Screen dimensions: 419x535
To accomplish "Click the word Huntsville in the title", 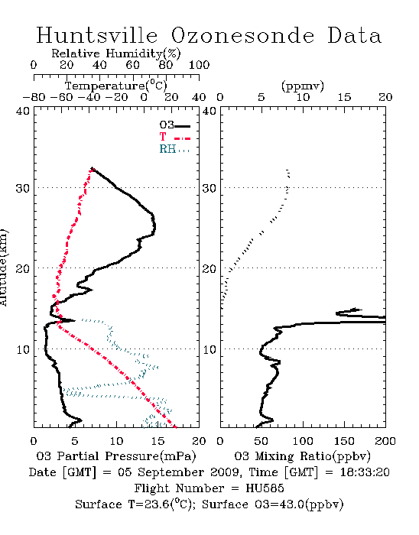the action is pyautogui.click(x=97, y=35).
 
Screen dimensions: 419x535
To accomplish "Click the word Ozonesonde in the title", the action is pyautogui.click(x=242, y=35).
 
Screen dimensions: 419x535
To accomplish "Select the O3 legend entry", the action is pyautogui.click(x=174, y=125).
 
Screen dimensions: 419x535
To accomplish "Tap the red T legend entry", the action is pyautogui.click(x=174, y=137).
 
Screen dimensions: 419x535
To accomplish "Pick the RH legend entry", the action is pyautogui.click(x=174, y=149).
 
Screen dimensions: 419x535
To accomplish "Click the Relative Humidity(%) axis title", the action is pyautogui.click(x=116, y=53).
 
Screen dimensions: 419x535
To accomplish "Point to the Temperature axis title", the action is pyautogui.click(x=116, y=86).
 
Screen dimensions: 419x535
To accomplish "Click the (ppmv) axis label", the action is pyautogui.click(x=303, y=86).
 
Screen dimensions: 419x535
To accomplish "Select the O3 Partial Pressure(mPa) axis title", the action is pyautogui.click(x=116, y=456).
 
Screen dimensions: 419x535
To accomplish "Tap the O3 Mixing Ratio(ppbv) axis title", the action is pyautogui.click(x=302, y=456).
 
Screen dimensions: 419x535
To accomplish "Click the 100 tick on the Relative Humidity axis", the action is pyautogui.click(x=199, y=65).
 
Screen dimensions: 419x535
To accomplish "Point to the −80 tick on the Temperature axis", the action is pyautogui.click(x=34, y=97).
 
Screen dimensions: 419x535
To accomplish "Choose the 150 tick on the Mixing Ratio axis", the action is pyautogui.click(x=344, y=441).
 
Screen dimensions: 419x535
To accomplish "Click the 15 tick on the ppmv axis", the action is pyautogui.click(x=344, y=97).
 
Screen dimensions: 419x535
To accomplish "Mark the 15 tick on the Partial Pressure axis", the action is pyautogui.click(x=158, y=441).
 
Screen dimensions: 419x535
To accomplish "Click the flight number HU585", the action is pyautogui.click(x=265, y=488).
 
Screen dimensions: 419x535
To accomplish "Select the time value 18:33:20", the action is pyautogui.click(x=365, y=472).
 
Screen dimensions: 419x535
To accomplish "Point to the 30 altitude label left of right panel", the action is pyautogui.click(x=209, y=188).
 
